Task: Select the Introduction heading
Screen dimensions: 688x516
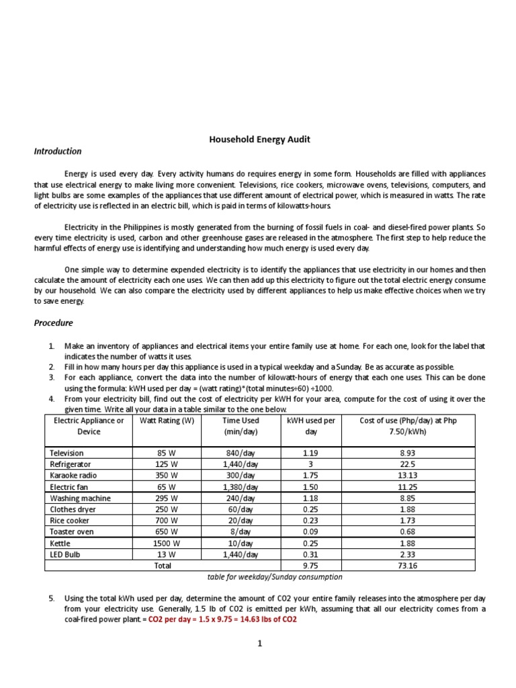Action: pyautogui.click(x=58, y=151)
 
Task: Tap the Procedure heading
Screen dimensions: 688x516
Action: pyautogui.click(x=54, y=322)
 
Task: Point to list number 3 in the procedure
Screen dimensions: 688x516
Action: pyautogui.click(x=52, y=378)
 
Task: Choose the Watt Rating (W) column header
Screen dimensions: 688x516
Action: pyautogui.click(x=166, y=421)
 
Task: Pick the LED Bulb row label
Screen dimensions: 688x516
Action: pyautogui.click(x=64, y=554)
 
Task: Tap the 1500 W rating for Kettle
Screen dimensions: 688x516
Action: pyautogui.click(x=166, y=543)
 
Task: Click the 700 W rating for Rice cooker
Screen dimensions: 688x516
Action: pyautogui.click(x=166, y=520)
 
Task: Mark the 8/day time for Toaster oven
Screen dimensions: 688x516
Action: pyautogui.click(x=240, y=531)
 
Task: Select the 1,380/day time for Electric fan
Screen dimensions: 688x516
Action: pyautogui.click(x=240, y=486)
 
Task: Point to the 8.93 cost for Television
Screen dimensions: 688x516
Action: pyautogui.click(x=408, y=454)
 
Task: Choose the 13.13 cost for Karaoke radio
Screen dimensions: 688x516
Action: pyautogui.click(x=408, y=475)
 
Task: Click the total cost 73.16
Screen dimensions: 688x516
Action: pyautogui.click(x=408, y=566)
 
